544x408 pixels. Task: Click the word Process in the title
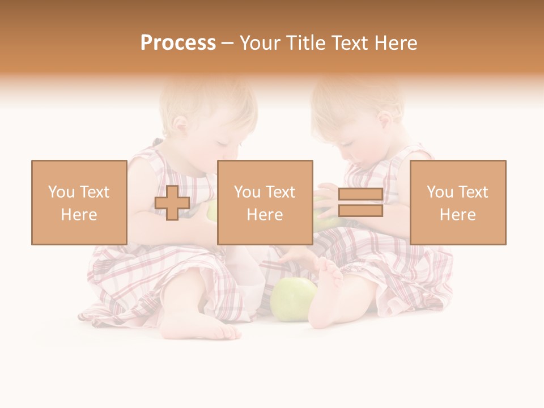[178, 43]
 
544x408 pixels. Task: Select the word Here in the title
[395, 43]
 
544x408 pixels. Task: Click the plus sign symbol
[172, 203]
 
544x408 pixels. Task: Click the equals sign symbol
[360, 203]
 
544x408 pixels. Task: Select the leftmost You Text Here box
[79, 202]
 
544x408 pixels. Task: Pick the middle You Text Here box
[265, 202]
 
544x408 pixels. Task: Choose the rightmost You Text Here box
[457, 202]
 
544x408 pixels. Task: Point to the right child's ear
[386, 121]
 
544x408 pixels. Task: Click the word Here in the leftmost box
[79, 214]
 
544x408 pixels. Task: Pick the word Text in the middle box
[280, 192]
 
